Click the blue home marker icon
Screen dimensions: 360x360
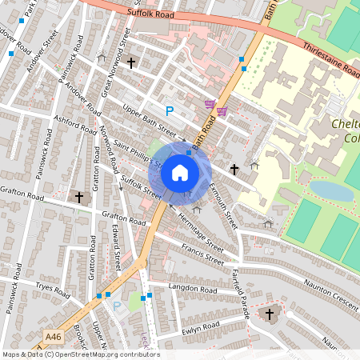pos(180,171)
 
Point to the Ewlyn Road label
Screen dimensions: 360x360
pos(200,327)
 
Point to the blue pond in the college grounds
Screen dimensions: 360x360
pos(330,190)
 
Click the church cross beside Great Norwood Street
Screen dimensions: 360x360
pos(130,61)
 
